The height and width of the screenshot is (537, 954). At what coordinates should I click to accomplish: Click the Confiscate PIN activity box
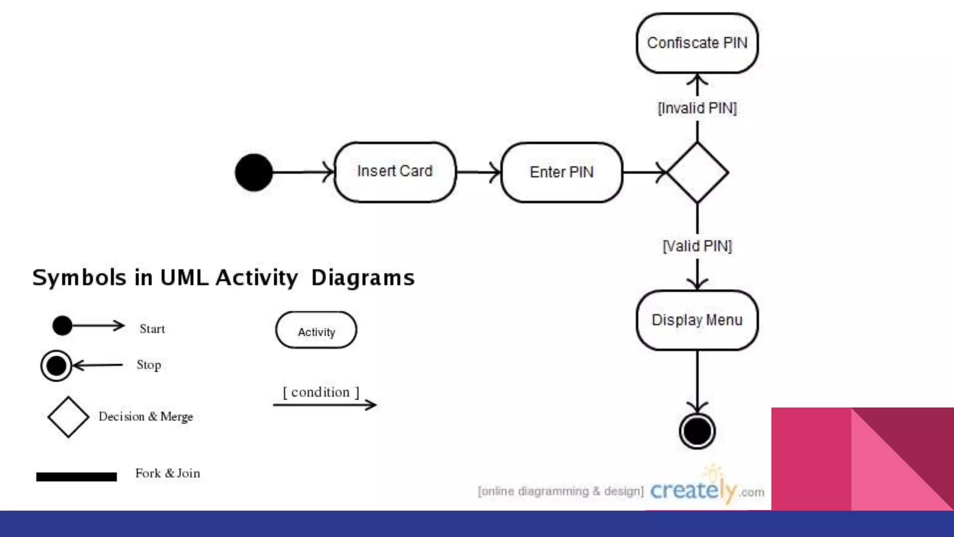tap(697, 43)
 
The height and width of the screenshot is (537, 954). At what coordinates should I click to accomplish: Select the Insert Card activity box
tap(395, 172)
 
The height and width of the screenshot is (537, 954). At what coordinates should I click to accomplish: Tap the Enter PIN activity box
tap(561, 172)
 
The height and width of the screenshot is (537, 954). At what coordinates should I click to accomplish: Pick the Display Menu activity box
tap(697, 320)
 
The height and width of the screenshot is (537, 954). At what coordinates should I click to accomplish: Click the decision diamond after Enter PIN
tap(697, 172)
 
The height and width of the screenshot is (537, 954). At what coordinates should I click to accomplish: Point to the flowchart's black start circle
tap(254, 172)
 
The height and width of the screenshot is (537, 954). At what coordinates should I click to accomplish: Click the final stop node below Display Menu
tap(697, 431)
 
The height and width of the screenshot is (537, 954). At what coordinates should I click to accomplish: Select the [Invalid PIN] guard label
tap(697, 108)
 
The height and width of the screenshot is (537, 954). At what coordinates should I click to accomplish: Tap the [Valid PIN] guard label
tap(697, 246)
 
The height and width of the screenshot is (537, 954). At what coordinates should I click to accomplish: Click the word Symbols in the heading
tap(79, 278)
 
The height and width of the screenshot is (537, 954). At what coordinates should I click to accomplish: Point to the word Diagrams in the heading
tap(362, 278)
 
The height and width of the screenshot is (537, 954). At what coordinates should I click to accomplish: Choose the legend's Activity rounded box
tap(316, 330)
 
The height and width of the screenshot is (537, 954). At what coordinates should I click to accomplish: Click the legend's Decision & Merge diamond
tap(68, 417)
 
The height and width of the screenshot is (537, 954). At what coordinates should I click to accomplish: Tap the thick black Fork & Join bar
tap(76, 476)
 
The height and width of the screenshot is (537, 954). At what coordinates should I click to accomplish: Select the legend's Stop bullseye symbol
tap(56, 365)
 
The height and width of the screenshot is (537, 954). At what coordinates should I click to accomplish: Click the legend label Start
tap(152, 329)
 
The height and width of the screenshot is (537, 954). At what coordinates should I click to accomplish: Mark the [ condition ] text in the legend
tap(321, 392)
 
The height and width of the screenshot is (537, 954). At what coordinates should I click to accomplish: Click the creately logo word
tap(693, 490)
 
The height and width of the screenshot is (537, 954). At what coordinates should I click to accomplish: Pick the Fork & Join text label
tap(168, 473)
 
